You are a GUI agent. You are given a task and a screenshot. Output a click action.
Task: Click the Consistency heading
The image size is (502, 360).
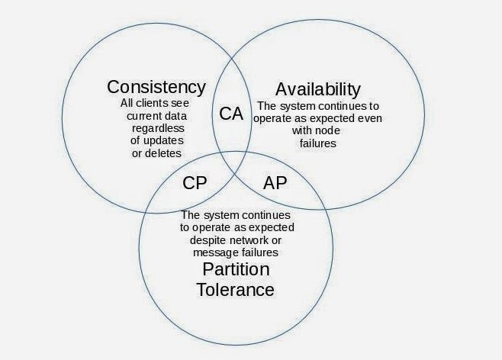pos(156,86)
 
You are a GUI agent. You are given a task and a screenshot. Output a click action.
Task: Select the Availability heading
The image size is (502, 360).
pos(318,88)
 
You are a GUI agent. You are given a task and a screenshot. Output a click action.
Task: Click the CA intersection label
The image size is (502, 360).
pos(230,114)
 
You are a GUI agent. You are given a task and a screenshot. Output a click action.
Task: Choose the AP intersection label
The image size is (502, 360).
pos(275,184)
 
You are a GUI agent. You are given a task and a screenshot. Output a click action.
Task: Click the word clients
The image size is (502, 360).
pos(150,104)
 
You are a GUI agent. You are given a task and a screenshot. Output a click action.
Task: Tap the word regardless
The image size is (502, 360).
pos(156,128)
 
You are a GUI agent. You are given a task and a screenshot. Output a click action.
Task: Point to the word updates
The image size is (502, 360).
pos(169,140)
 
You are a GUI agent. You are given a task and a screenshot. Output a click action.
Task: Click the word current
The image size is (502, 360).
pos(143,116)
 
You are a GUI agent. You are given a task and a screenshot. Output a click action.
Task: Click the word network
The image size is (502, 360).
pos(269,239)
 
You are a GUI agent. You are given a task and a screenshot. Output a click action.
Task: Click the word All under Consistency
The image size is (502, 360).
pos(128,104)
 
